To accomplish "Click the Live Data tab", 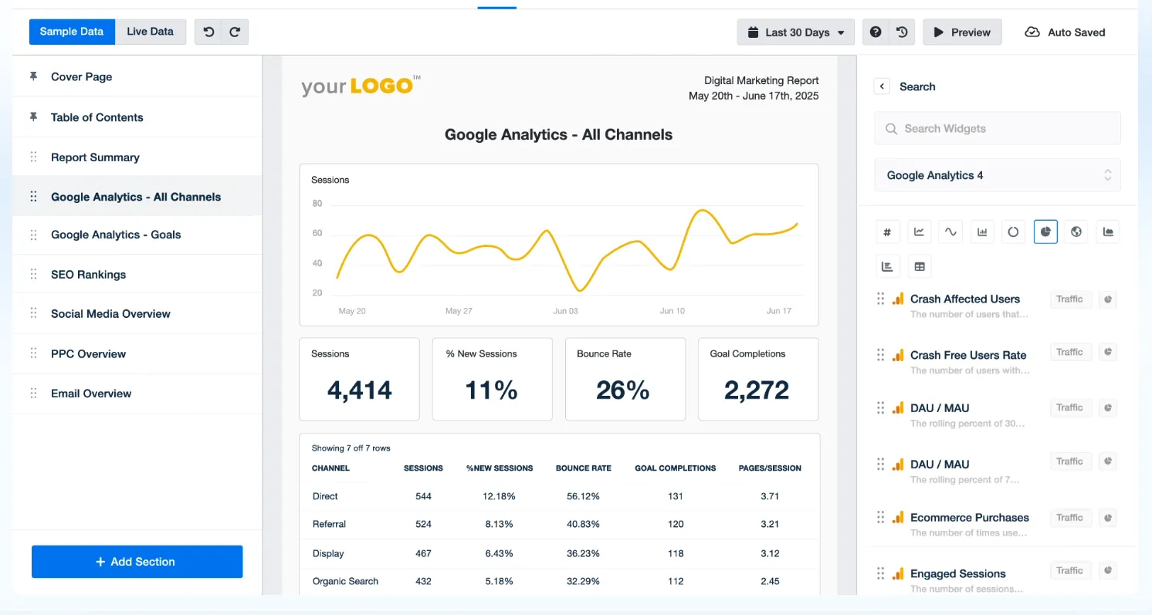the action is (150, 32).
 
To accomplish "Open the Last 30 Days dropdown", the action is (795, 32).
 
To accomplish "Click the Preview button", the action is (962, 32).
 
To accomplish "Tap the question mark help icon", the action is (876, 32).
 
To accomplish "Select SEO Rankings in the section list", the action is (88, 275).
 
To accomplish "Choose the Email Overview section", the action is (91, 394).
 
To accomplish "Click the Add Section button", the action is (137, 562).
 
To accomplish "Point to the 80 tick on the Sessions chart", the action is (317, 204).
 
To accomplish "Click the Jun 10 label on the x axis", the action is (673, 311).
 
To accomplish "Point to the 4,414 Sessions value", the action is (360, 390).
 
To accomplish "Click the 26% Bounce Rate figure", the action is (623, 390).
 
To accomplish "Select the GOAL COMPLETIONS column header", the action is (676, 468).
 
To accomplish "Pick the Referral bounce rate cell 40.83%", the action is (583, 524).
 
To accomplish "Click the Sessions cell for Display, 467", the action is (423, 553).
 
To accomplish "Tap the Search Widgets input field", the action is (998, 128).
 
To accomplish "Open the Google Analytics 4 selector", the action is (998, 175).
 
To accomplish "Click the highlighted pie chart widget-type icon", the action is (1045, 231).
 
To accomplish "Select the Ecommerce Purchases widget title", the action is (970, 517).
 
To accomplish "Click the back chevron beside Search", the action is (882, 86).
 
